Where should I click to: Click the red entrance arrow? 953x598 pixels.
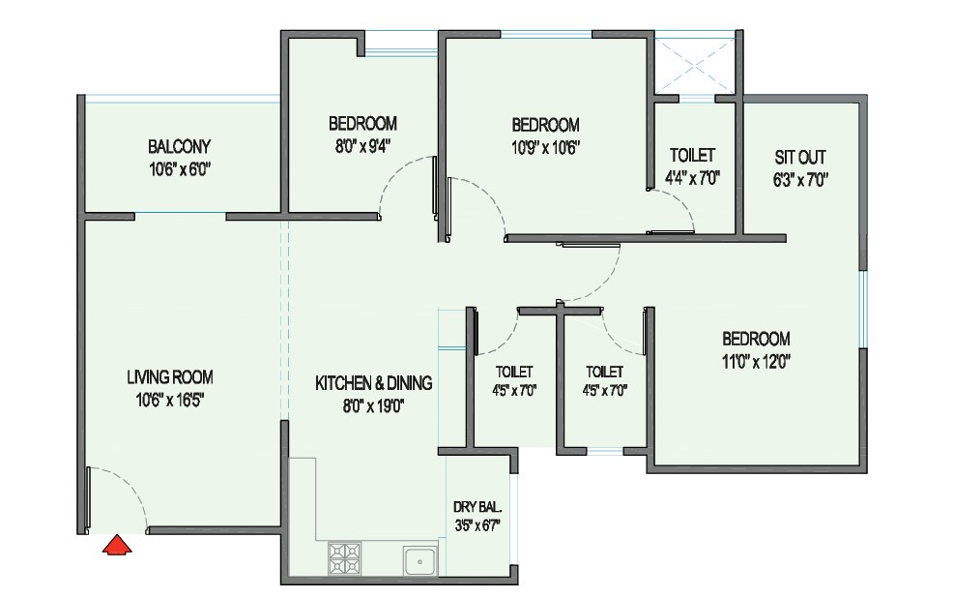(x=116, y=545)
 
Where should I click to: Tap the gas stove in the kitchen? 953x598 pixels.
(x=344, y=558)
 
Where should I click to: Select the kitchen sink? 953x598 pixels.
(x=419, y=560)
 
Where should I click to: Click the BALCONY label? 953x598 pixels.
(x=180, y=147)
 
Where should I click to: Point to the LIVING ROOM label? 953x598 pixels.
(x=170, y=377)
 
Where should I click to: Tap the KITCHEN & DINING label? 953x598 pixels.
(x=374, y=383)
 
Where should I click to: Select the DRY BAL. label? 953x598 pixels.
(x=477, y=507)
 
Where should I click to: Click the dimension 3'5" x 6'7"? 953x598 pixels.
(x=477, y=525)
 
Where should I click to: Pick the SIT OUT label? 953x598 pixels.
(x=800, y=158)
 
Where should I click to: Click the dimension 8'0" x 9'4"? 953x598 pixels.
(x=362, y=147)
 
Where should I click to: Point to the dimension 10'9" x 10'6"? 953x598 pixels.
(x=546, y=148)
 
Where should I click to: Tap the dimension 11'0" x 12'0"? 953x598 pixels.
(x=756, y=362)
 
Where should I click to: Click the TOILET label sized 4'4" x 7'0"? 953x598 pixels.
(x=692, y=155)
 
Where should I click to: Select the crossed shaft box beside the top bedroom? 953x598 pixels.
(x=695, y=65)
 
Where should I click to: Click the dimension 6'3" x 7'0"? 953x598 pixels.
(x=800, y=180)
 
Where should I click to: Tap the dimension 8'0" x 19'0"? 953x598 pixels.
(x=374, y=405)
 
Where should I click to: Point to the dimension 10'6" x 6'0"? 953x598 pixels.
(x=180, y=169)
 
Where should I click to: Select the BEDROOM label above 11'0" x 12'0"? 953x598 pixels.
(x=756, y=339)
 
